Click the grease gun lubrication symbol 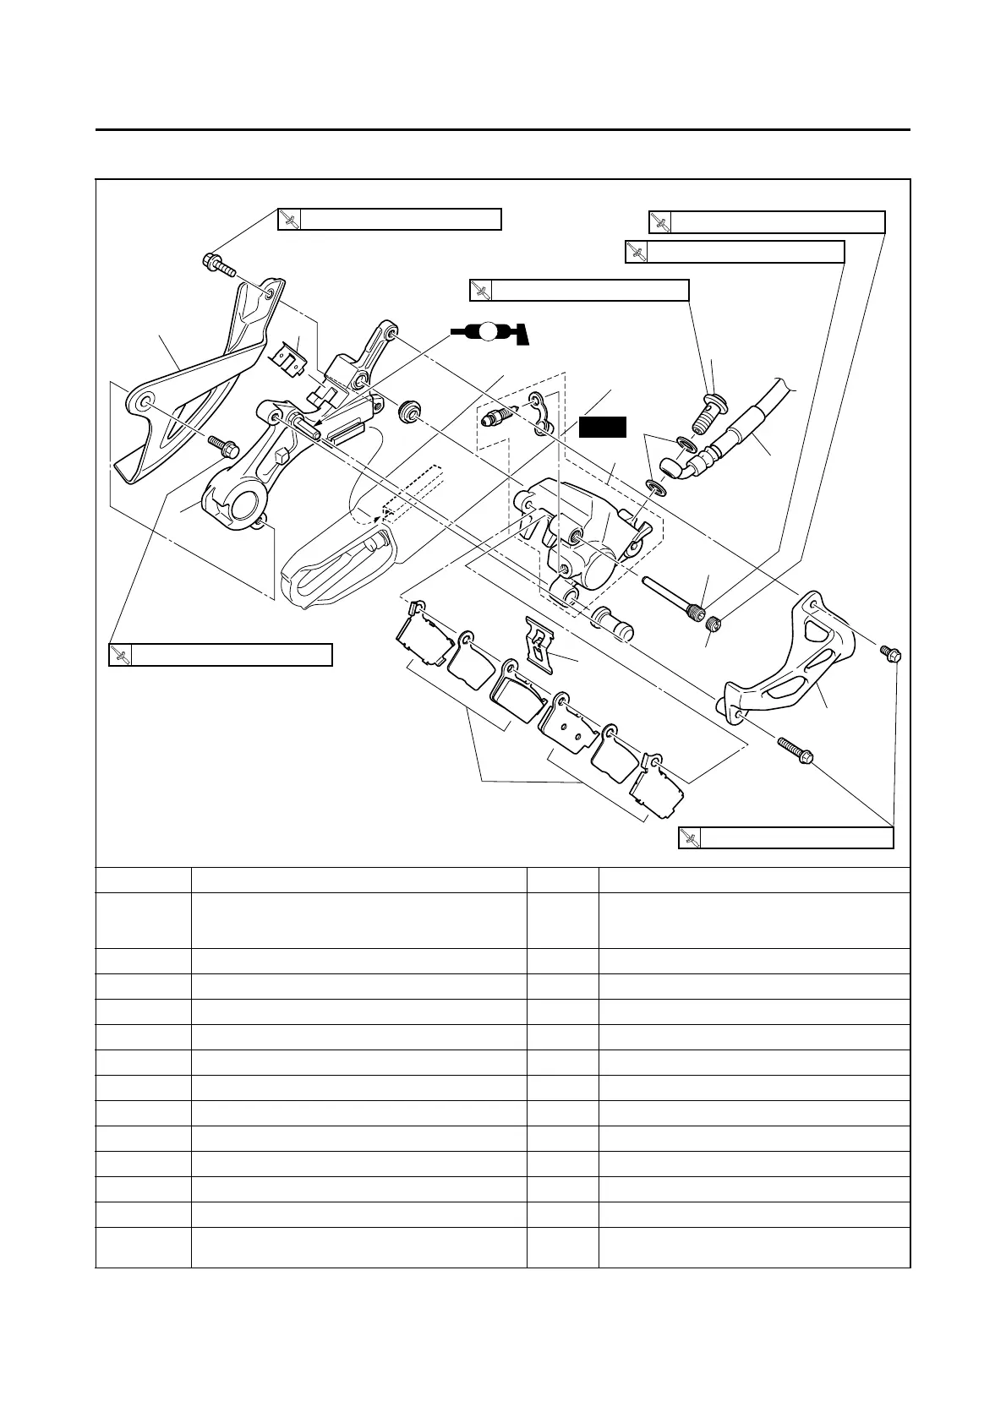(489, 332)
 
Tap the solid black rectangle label (603, 427)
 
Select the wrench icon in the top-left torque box (290, 220)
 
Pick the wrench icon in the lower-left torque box (121, 655)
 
